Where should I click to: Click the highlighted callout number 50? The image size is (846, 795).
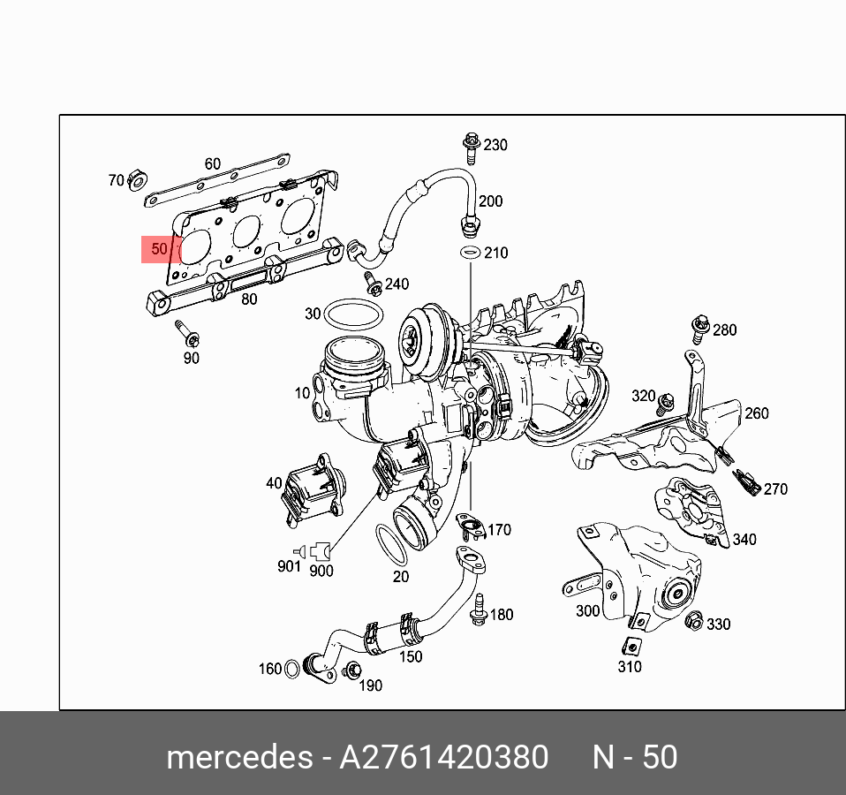159,249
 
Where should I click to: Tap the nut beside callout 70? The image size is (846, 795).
137,181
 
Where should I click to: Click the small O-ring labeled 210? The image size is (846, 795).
471,254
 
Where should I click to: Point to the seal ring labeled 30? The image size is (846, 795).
353,315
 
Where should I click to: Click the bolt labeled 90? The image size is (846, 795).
187,334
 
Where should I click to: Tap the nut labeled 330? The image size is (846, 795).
694,621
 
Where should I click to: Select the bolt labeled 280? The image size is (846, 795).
700,326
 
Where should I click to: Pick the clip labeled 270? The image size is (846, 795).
746,483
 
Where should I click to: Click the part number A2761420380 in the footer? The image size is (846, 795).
444,758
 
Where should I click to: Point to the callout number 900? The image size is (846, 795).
321,571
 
